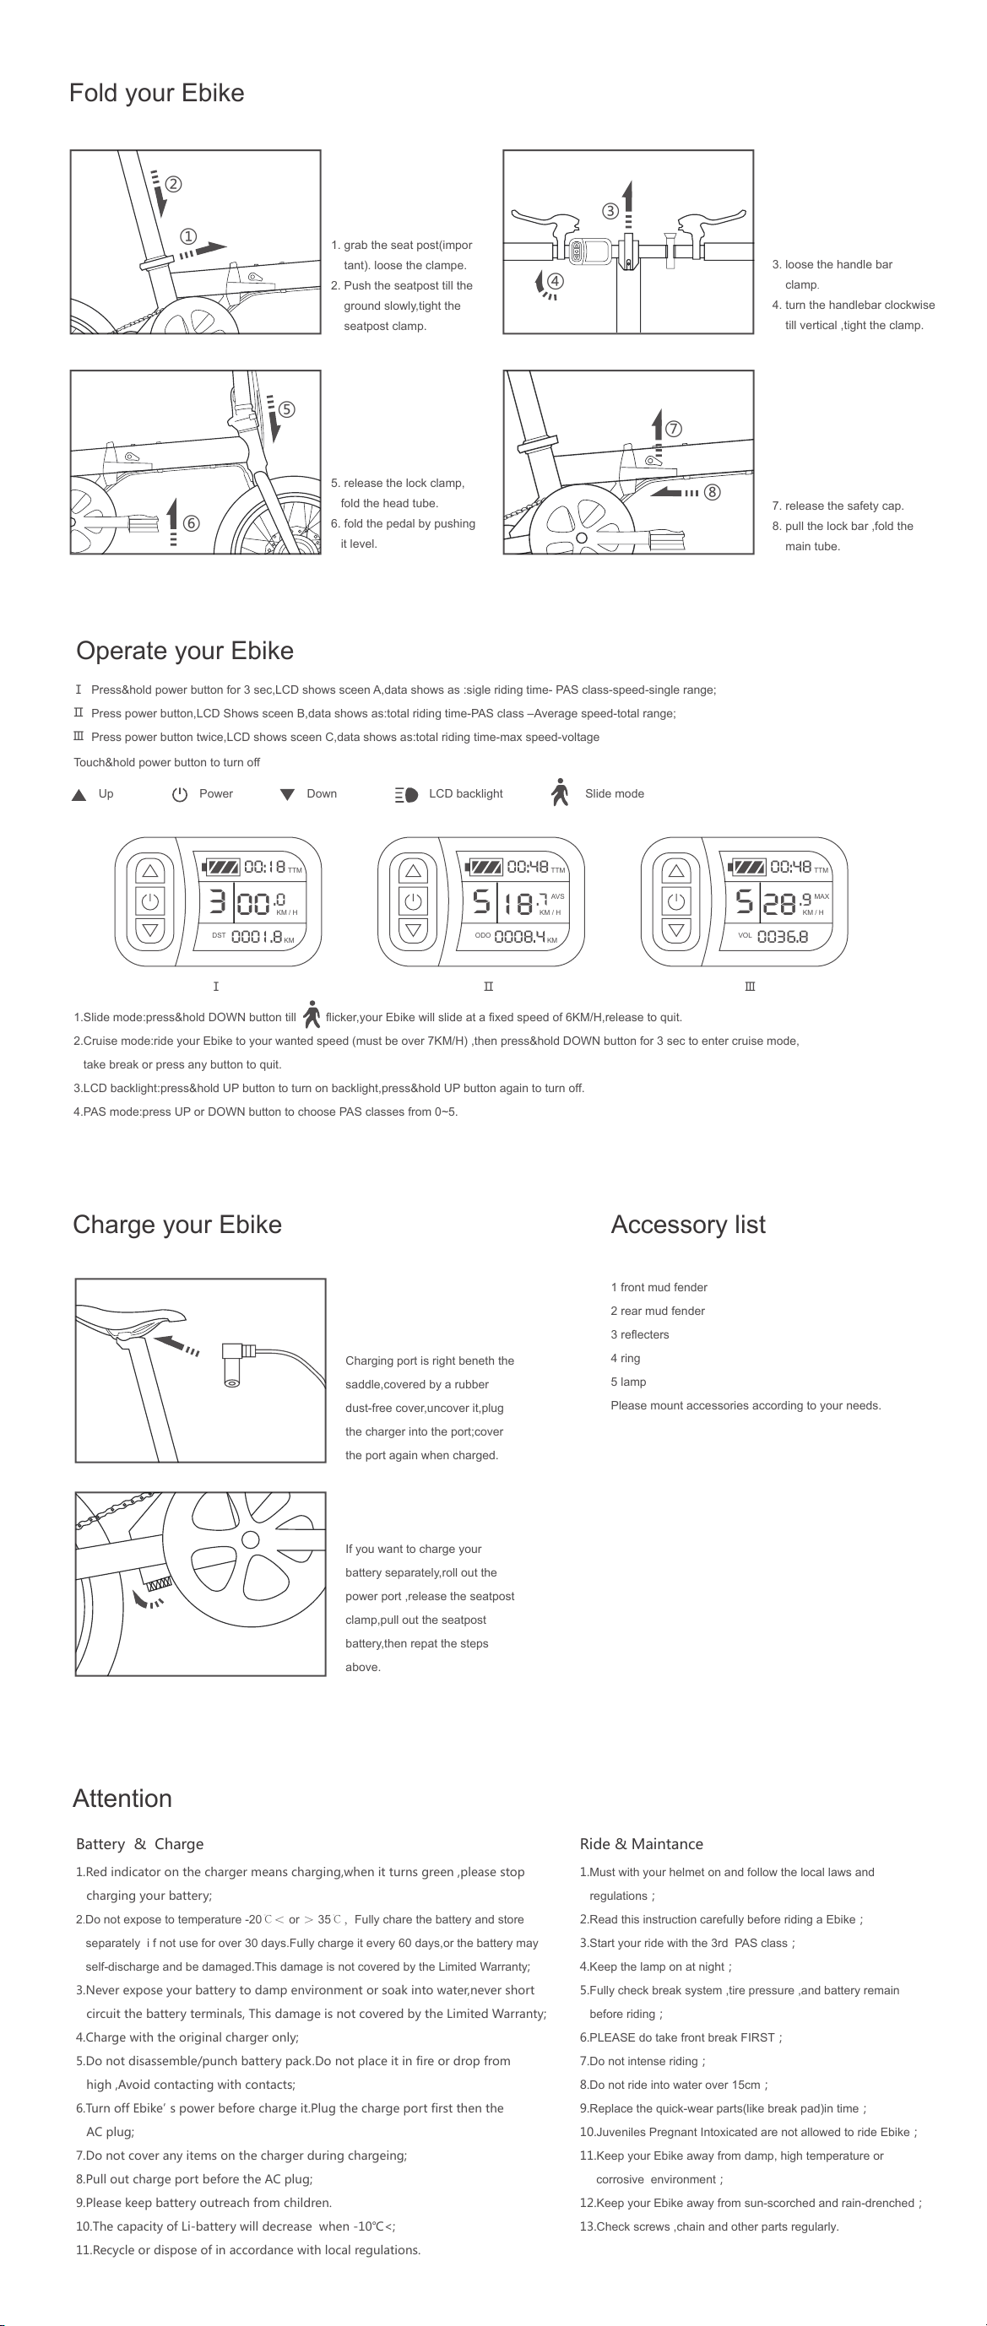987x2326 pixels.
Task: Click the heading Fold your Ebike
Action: point(156,93)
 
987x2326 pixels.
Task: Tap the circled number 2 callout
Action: point(172,183)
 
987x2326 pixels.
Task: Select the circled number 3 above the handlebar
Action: point(610,211)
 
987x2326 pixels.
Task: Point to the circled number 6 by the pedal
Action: point(191,522)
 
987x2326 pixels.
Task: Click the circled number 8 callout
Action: point(713,492)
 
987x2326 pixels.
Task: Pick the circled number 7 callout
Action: point(673,429)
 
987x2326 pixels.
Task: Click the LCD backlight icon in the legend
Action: point(406,794)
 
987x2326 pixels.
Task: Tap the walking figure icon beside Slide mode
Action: point(560,792)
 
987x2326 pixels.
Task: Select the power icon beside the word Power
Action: point(180,794)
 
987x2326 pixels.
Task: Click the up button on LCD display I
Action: point(150,871)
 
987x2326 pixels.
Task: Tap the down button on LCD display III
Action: point(676,929)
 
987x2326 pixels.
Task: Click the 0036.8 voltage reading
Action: point(782,936)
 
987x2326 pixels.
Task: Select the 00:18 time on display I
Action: point(264,867)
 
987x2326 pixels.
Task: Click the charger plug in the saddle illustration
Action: point(239,1364)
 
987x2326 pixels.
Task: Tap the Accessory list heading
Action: point(688,1225)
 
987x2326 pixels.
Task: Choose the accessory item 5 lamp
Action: point(628,1382)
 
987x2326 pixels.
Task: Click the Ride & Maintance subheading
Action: point(641,1844)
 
